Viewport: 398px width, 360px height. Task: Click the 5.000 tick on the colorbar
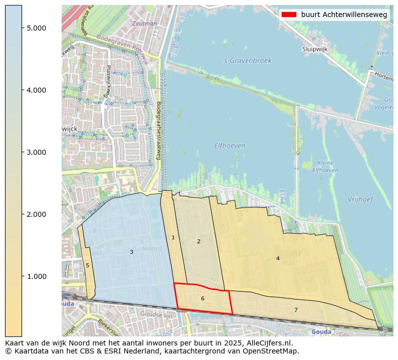point(36,28)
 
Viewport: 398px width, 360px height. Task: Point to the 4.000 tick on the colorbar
point(36,90)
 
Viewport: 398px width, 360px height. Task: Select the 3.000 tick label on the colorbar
point(36,152)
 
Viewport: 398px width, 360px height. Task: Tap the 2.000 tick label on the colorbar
point(36,214)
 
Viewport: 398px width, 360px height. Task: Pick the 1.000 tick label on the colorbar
point(36,276)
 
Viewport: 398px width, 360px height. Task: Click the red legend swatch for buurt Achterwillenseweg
point(289,15)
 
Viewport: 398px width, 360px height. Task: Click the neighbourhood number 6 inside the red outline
point(203,299)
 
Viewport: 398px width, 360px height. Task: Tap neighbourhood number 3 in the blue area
point(131,252)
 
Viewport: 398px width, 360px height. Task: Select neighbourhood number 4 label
point(278,258)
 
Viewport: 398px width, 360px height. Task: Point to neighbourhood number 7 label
point(296,310)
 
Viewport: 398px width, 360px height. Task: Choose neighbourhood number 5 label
point(87,265)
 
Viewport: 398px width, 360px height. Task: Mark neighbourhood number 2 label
point(198,241)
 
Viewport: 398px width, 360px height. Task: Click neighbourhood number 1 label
point(173,237)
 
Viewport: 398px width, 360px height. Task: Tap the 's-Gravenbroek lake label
point(247,61)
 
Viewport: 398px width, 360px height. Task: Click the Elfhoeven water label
point(230,146)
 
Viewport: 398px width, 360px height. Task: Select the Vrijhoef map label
point(360,199)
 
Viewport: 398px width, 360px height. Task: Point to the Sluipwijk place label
point(315,49)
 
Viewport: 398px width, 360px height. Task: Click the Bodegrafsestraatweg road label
point(159,130)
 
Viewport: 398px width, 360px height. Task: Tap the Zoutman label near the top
point(144,24)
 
